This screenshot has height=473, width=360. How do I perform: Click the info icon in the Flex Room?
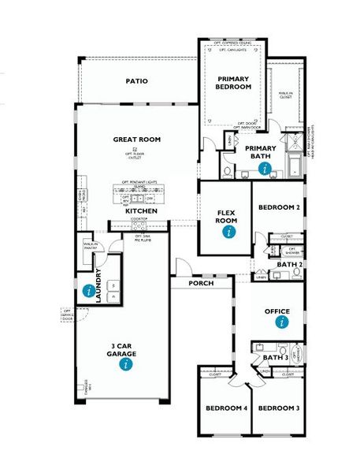[229, 233]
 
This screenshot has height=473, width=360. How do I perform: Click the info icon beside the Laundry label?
[86, 289]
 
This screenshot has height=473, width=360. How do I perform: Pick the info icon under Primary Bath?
[265, 168]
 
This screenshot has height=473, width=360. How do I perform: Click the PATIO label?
[136, 80]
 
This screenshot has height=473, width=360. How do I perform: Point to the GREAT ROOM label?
[136, 139]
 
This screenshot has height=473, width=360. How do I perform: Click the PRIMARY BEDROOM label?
[233, 83]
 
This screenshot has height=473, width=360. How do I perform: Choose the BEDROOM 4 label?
[227, 408]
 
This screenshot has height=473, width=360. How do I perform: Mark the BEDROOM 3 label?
[278, 408]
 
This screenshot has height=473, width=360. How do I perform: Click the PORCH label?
[202, 282]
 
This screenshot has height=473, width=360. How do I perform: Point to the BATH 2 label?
[290, 264]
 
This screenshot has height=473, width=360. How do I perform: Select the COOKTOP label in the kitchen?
[139, 219]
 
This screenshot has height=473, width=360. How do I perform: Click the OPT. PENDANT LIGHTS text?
[139, 182]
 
